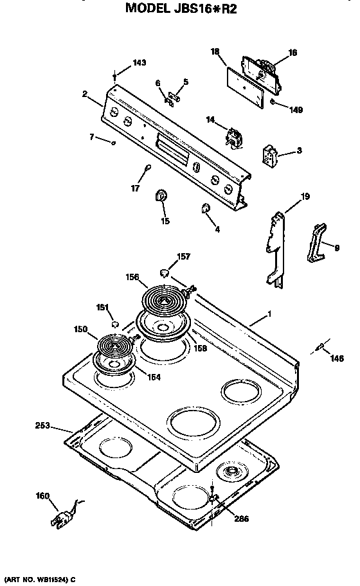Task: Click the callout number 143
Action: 139,63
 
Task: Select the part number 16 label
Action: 292,53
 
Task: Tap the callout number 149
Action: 295,110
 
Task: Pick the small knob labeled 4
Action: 205,208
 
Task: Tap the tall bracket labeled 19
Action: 276,247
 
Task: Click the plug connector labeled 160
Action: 66,516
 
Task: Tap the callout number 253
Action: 43,425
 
